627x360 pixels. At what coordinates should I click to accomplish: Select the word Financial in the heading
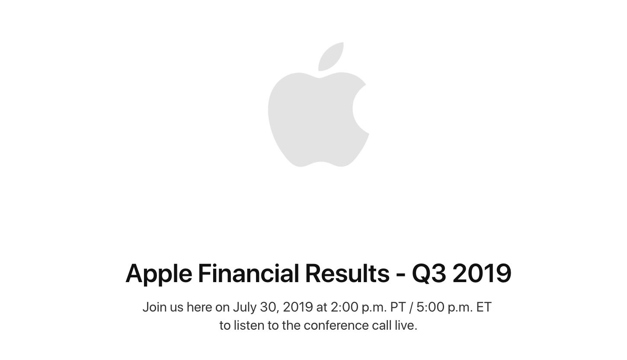(249, 273)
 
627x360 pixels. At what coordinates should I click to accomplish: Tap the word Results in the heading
(347, 273)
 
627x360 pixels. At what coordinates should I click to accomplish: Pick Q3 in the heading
(429, 273)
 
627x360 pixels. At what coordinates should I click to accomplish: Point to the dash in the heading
(401, 275)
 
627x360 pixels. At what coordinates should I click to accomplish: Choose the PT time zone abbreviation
(398, 307)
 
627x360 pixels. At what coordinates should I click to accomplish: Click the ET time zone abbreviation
(484, 307)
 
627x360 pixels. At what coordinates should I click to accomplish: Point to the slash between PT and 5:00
(411, 307)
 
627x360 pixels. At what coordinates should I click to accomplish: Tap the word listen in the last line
(249, 325)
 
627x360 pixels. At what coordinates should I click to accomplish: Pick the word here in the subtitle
(199, 307)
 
